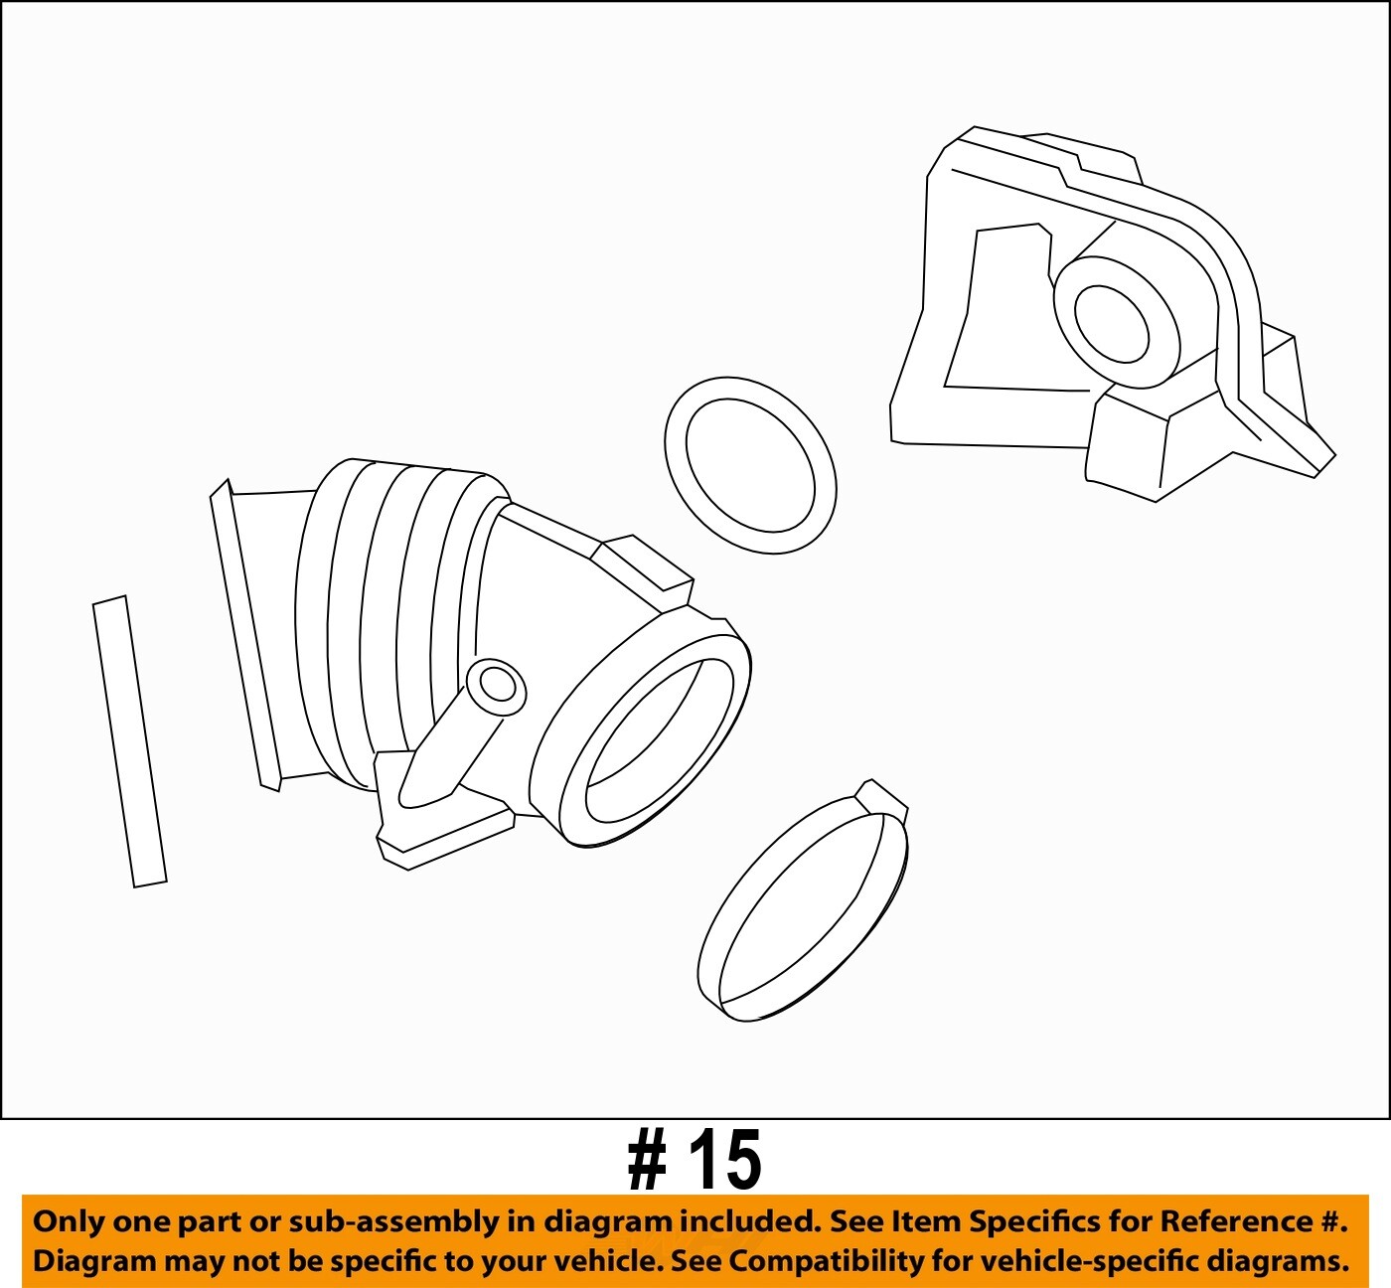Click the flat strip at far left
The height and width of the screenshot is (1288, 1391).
click(x=129, y=741)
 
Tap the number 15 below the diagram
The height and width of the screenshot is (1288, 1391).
click(x=726, y=1160)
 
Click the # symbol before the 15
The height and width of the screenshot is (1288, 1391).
click(x=648, y=1161)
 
